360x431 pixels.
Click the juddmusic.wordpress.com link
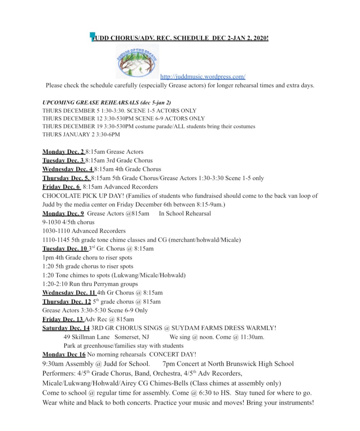203,77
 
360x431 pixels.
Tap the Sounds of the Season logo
137,61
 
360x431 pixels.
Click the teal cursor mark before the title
92,36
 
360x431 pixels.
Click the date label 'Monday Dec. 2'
63,152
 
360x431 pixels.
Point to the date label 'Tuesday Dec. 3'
63,161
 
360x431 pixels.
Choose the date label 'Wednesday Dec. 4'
68,169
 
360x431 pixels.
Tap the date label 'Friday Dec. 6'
61,187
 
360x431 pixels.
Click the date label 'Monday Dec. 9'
63,214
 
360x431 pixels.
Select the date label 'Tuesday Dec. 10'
65,249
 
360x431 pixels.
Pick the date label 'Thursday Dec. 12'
67,302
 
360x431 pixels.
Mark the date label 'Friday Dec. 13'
63,319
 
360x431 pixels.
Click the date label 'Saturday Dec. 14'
66,328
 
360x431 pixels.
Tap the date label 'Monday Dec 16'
64,355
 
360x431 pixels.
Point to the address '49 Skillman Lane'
87,337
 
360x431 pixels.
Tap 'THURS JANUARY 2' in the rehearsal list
66,134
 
